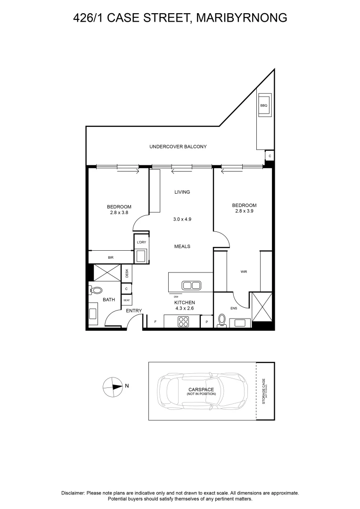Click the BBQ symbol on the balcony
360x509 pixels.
pyautogui.click(x=264, y=106)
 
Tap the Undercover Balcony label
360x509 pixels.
pyautogui.click(x=178, y=147)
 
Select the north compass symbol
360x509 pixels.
pyautogui.click(x=112, y=386)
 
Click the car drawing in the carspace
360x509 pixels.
pyautogui.click(x=203, y=391)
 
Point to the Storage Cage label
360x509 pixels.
pyautogui.click(x=264, y=391)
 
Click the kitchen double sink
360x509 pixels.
pyautogui.click(x=192, y=285)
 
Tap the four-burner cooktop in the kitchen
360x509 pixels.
pyautogui.click(x=183, y=322)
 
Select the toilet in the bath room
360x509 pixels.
pyautogui.click(x=96, y=290)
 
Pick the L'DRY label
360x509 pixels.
pyautogui.click(x=141, y=242)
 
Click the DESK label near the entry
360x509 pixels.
pyautogui.click(x=127, y=273)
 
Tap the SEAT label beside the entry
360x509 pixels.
pyautogui.click(x=127, y=300)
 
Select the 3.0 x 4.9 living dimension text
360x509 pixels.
pyautogui.click(x=182, y=219)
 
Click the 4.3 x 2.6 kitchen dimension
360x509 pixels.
pyautogui.click(x=184, y=308)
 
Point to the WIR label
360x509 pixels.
pyautogui.click(x=244, y=271)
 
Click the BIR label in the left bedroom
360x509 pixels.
pyautogui.click(x=111, y=257)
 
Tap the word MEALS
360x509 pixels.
pyautogui.click(x=182, y=246)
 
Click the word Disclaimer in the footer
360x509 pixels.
pyautogui.click(x=73, y=493)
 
